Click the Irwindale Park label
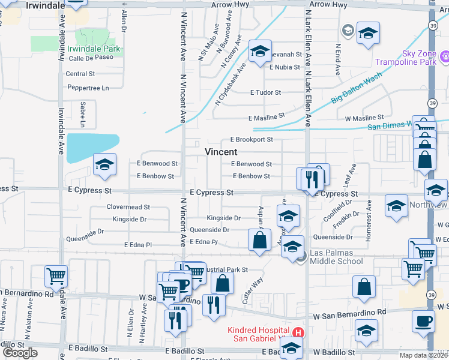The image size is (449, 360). pyautogui.click(x=94, y=49)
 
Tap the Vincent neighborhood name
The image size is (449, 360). pyautogui.click(x=221, y=152)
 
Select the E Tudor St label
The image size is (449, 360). pyautogui.click(x=265, y=92)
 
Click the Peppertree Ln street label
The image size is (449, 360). pyautogui.click(x=88, y=88)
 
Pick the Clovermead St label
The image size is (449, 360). pyautogui.click(x=128, y=207)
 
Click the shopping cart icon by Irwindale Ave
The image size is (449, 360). pyautogui.click(x=56, y=277)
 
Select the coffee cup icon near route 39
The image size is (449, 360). pyautogui.click(x=423, y=321)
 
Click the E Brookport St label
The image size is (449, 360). pyautogui.click(x=251, y=139)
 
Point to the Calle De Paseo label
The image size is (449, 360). pyautogui.click(x=91, y=58)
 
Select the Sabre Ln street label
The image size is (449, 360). pyautogui.click(x=83, y=115)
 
